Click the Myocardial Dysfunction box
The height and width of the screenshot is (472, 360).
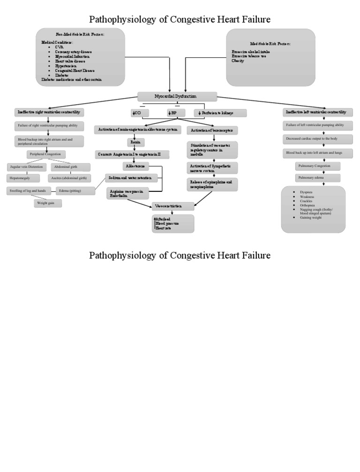177,97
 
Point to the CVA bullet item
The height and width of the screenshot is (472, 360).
59,47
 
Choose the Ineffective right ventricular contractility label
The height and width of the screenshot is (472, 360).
49,113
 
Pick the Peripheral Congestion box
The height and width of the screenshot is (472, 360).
46,154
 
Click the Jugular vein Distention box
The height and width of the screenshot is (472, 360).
27,167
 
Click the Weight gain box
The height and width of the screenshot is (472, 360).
48,203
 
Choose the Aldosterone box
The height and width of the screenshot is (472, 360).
136,166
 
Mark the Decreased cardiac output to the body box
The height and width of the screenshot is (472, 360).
312,139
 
